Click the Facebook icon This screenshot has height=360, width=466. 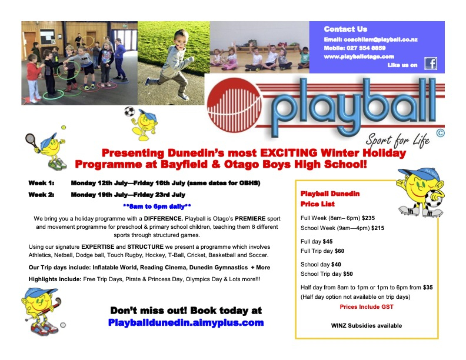431,64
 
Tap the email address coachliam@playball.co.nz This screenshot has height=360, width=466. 371,39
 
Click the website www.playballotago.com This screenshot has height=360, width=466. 359,56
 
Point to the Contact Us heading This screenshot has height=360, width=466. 345,29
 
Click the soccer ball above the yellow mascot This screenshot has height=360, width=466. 129,111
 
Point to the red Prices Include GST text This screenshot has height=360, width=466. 366,306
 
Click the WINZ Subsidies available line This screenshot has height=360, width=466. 367,325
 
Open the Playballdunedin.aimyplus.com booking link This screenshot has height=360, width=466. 186,322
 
